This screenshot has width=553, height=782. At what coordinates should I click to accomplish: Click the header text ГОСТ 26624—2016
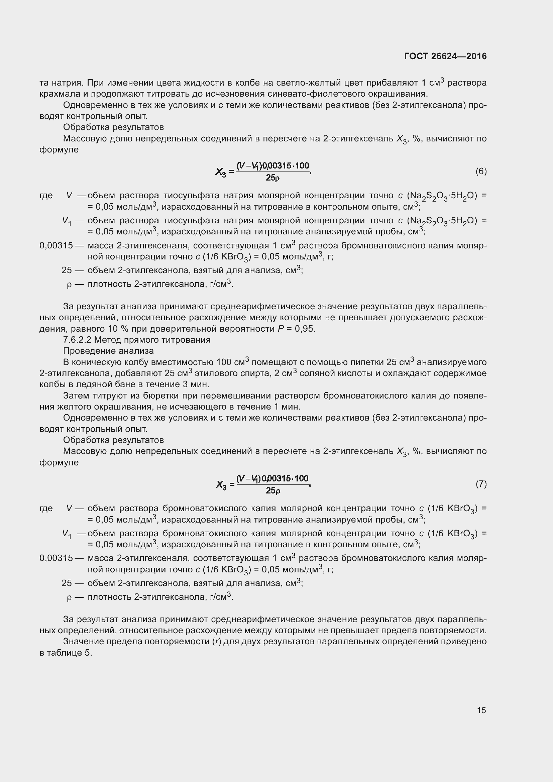click(x=445, y=56)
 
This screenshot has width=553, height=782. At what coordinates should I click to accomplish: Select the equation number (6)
click(x=481, y=171)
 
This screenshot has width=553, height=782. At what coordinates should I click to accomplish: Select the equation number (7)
click(x=481, y=484)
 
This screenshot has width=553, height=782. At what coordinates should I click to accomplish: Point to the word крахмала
click(x=57, y=94)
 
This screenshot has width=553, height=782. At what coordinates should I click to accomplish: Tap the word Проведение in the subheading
click(x=86, y=351)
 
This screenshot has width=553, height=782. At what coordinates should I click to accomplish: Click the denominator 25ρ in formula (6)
click(x=273, y=178)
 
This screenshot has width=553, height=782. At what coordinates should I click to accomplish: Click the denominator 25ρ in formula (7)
click(x=273, y=490)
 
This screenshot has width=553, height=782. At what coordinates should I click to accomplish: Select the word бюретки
click(x=147, y=396)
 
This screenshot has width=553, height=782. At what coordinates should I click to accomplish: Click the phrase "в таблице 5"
click(x=66, y=653)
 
